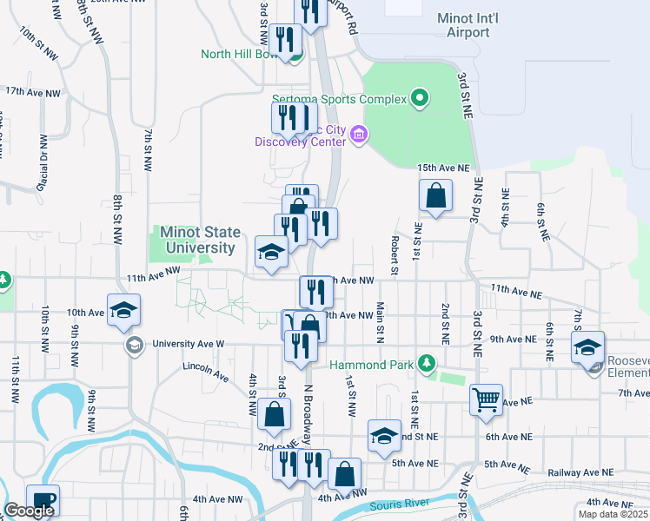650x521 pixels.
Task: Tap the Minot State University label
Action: click(x=197, y=240)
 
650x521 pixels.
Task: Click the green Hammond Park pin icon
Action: click(x=426, y=362)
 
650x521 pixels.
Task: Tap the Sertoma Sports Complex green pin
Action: click(x=420, y=98)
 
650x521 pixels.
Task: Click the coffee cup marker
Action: click(x=43, y=499)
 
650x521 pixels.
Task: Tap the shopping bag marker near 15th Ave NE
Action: click(x=435, y=196)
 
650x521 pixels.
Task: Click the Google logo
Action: click(x=28, y=511)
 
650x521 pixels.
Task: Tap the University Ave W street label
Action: click(x=189, y=344)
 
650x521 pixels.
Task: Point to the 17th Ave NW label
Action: click(x=33, y=91)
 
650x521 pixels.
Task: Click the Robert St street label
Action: click(x=395, y=256)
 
